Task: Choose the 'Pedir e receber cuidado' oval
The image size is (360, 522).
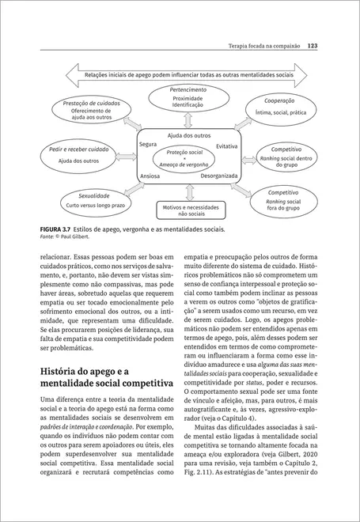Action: coord(78,154)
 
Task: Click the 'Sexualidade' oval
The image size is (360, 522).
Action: coord(93,199)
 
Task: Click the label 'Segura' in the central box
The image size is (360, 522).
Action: coord(147,145)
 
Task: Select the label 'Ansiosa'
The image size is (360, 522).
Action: coord(150,176)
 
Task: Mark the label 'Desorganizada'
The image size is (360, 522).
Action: coord(219,176)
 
